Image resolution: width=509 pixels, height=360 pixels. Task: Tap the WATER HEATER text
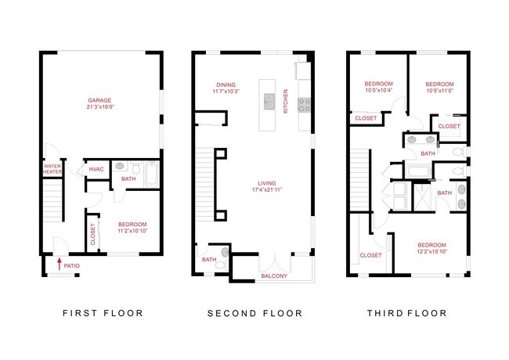coord(52,168)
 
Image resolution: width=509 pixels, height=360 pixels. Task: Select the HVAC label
coord(96,169)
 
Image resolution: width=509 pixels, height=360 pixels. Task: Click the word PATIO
coord(72,266)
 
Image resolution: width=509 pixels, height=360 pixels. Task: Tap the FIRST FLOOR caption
coord(102,313)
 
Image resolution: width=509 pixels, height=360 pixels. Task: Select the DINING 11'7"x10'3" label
coord(225,88)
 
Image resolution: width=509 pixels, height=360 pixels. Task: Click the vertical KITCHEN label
coord(286,100)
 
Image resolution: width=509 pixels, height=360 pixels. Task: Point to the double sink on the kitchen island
coord(269,100)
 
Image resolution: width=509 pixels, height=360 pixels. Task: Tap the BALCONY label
coord(273,275)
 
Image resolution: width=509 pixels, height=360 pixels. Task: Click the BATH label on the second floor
coord(209,260)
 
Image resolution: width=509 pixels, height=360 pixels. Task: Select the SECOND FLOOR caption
coord(254,313)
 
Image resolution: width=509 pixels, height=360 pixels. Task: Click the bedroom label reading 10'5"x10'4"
coord(378,87)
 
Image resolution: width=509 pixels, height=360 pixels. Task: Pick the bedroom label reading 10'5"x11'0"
coord(439,87)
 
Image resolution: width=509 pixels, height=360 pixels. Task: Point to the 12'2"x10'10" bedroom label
coord(431,247)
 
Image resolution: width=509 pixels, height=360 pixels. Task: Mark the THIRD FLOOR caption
coord(407,313)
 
